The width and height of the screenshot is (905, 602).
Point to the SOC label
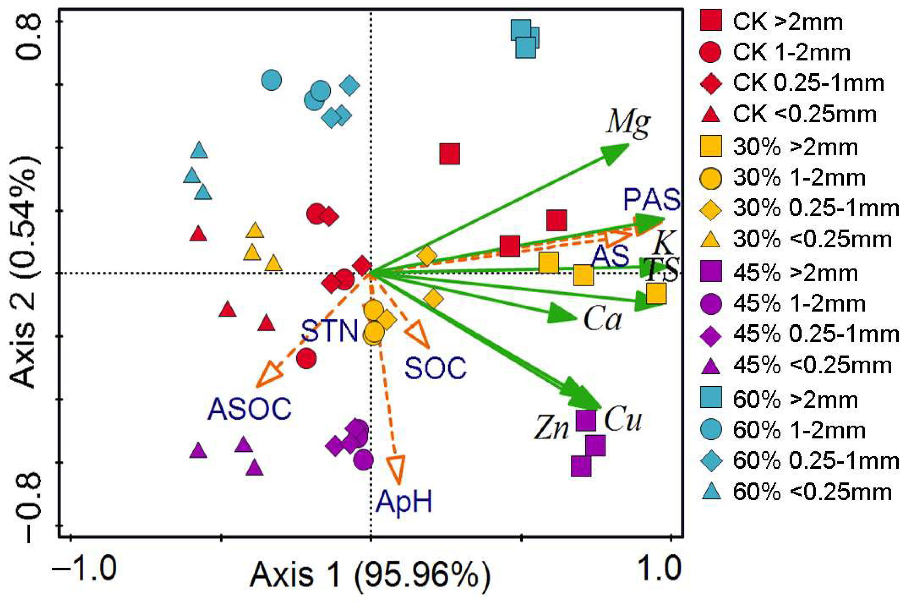point(436,368)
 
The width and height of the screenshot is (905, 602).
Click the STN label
point(329,331)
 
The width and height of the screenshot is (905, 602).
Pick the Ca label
point(602,319)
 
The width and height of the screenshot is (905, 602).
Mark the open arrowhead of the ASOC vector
point(269,375)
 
